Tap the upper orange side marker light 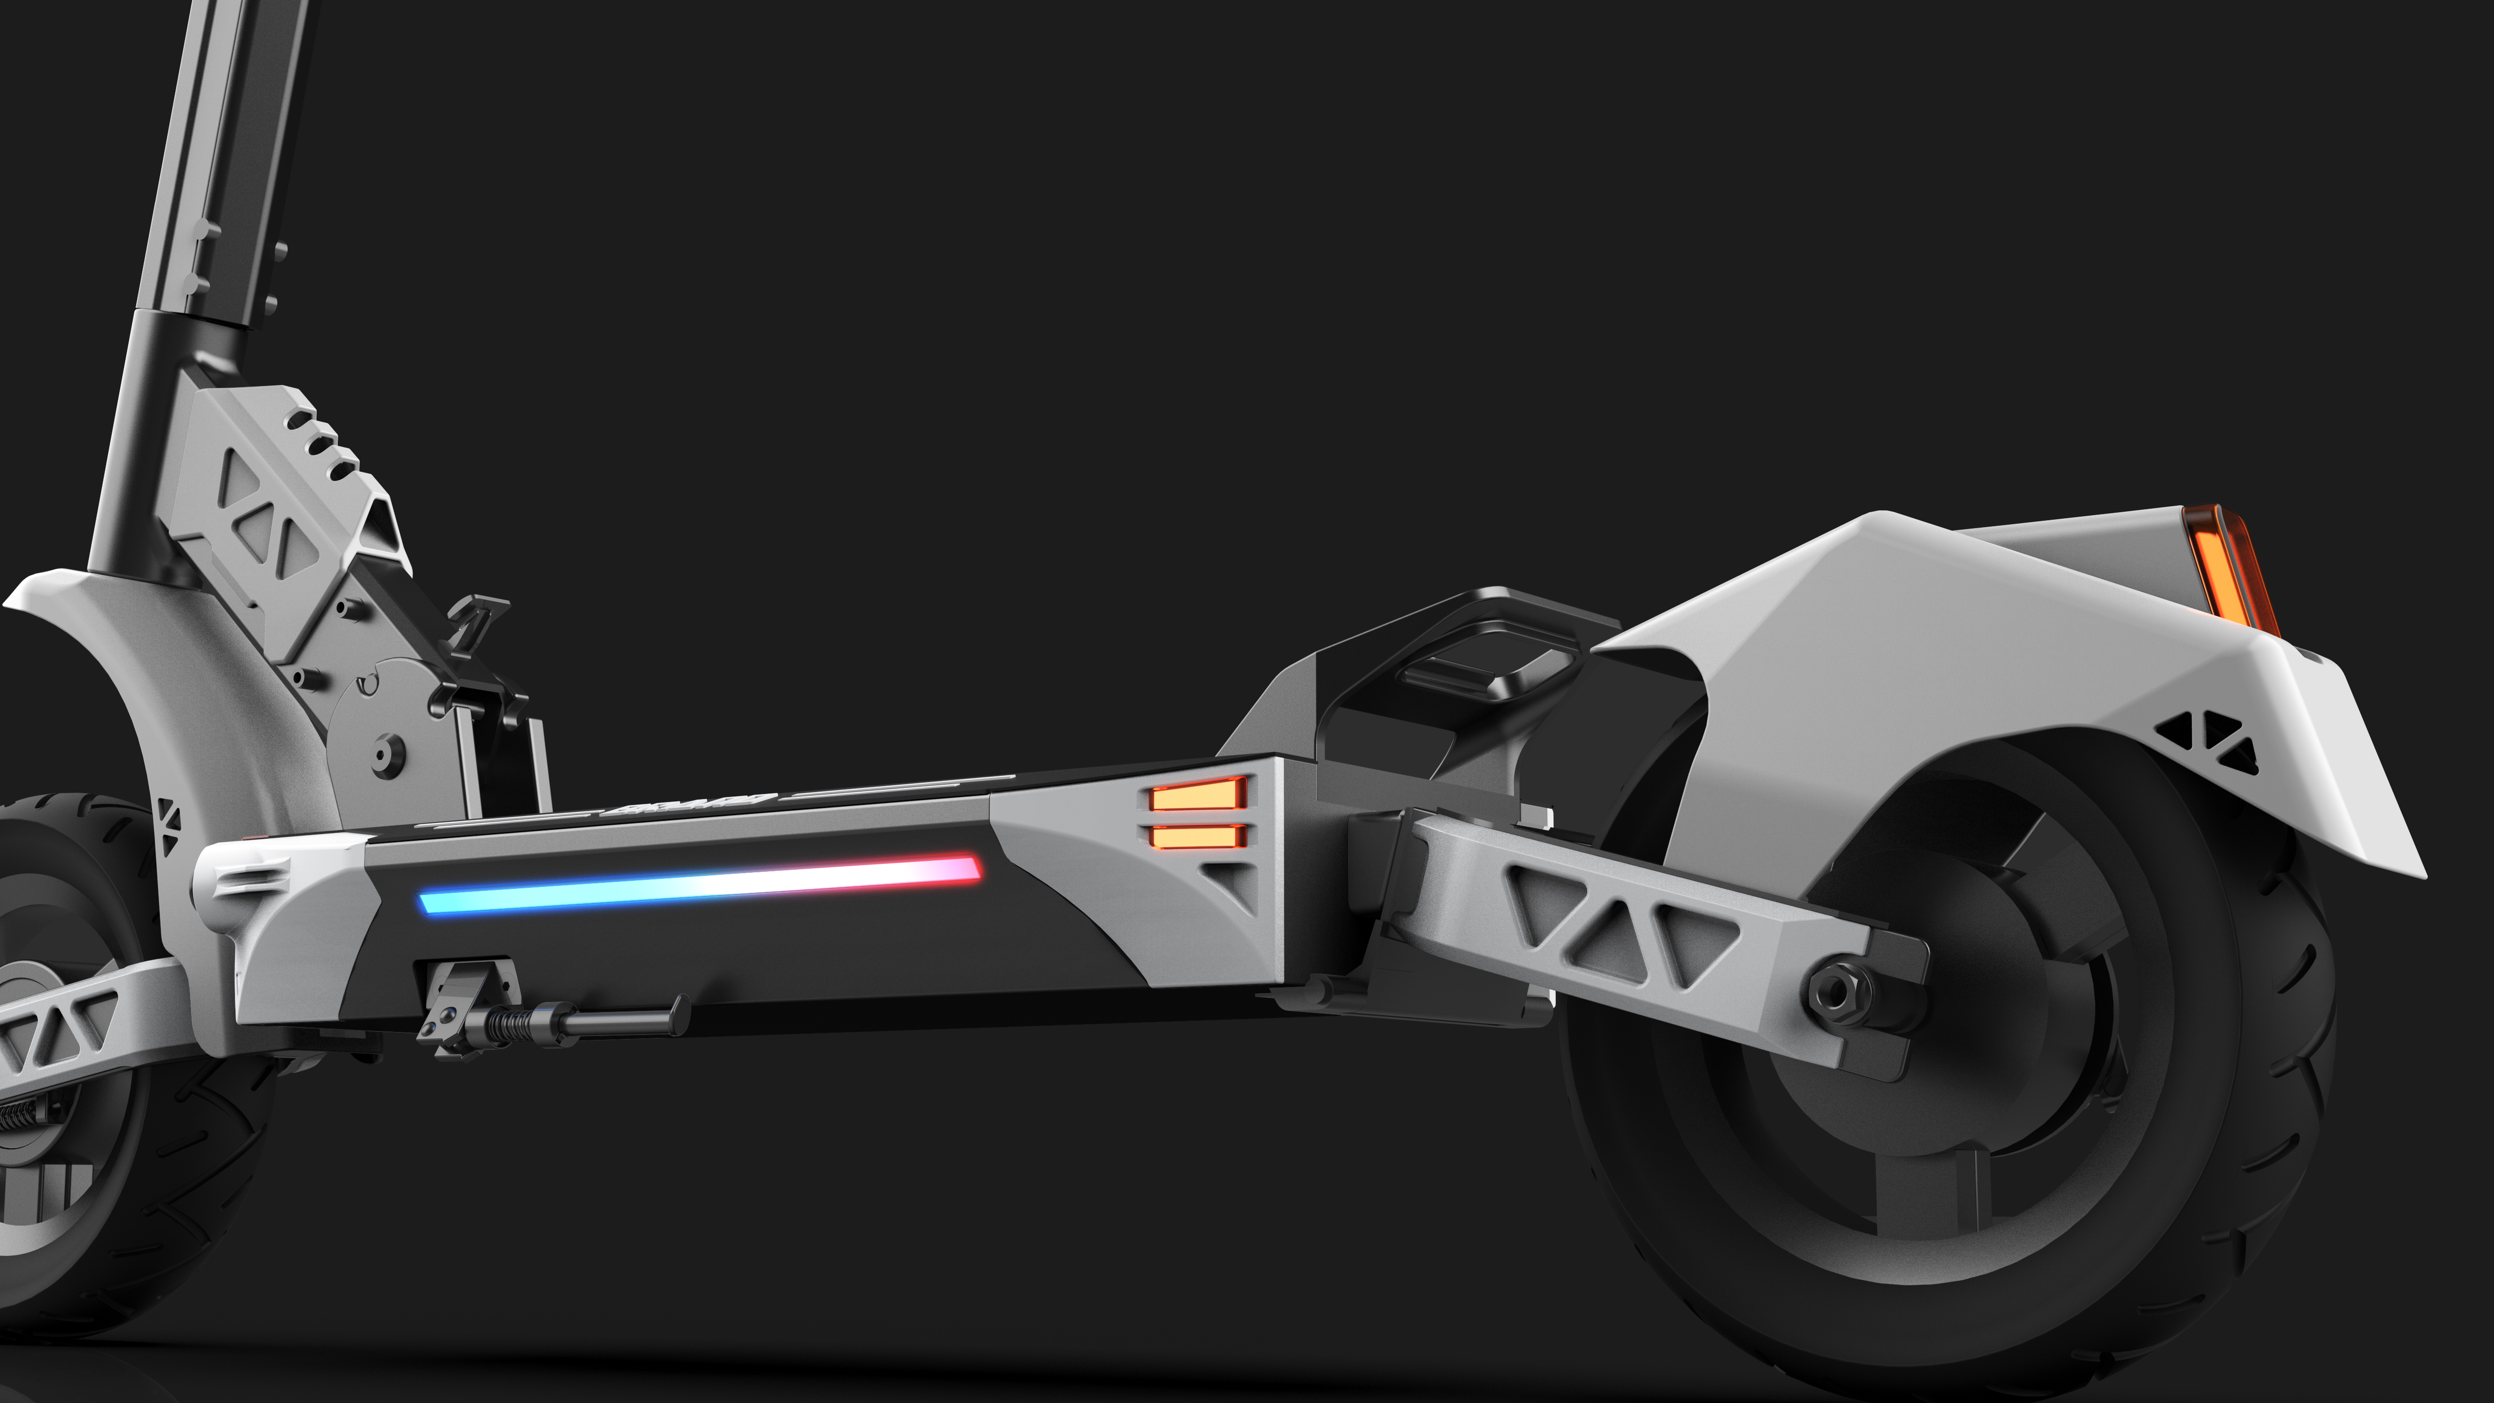tap(1197, 796)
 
